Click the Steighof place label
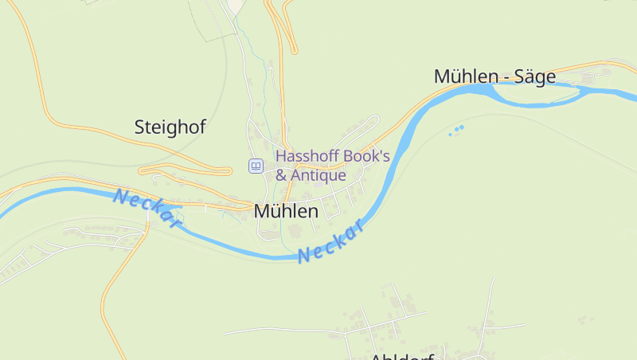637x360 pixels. [x=170, y=127]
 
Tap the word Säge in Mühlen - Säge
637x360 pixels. [x=534, y=76]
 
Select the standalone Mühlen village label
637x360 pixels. [x=286, y=211]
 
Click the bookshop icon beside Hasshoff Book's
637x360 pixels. [x=256, y=166]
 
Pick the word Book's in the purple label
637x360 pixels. [x=366, y=155]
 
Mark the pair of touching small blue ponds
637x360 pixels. [x=459, y=128]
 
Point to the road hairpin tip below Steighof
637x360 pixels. [x=143, y=170]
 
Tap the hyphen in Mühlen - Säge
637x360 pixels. [x=504, y=77]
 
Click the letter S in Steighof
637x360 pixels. [x=140, y=127]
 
